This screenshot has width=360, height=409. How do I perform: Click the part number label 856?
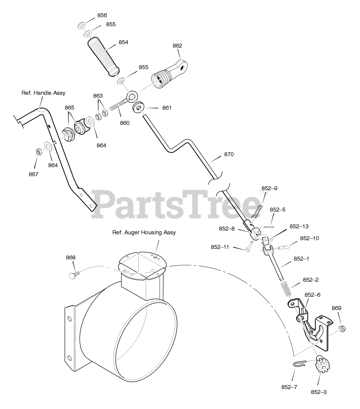102,15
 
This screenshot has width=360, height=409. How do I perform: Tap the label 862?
177,46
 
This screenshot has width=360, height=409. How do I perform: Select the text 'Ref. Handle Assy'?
43,93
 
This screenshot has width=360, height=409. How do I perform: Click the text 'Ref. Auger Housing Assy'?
144,232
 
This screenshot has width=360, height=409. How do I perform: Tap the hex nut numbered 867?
37,152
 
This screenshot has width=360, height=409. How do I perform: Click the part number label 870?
229,154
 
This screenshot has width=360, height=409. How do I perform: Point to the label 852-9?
269,188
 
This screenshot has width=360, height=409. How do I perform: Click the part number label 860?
125,123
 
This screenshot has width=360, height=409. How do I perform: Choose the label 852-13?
299,226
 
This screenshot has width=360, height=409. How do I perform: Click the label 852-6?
312,295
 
